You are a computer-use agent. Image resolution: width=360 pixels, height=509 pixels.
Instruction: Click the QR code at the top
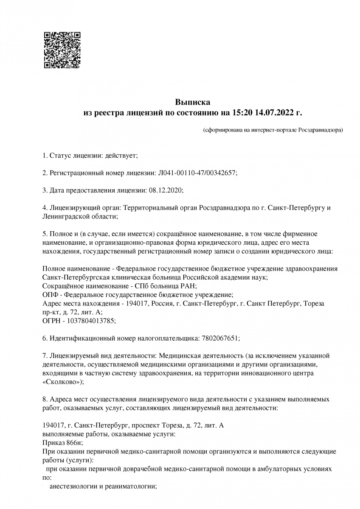[x=62, y=50]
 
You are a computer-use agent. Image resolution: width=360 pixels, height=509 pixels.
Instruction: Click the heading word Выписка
[x=193, y=102]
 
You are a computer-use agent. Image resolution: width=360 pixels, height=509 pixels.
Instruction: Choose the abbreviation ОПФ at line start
[x=51, y=294]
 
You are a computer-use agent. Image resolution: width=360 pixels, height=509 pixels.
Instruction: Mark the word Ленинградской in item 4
[x=64, y=216]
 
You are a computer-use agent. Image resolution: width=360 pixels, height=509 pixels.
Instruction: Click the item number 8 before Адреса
[x=45, y=399]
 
